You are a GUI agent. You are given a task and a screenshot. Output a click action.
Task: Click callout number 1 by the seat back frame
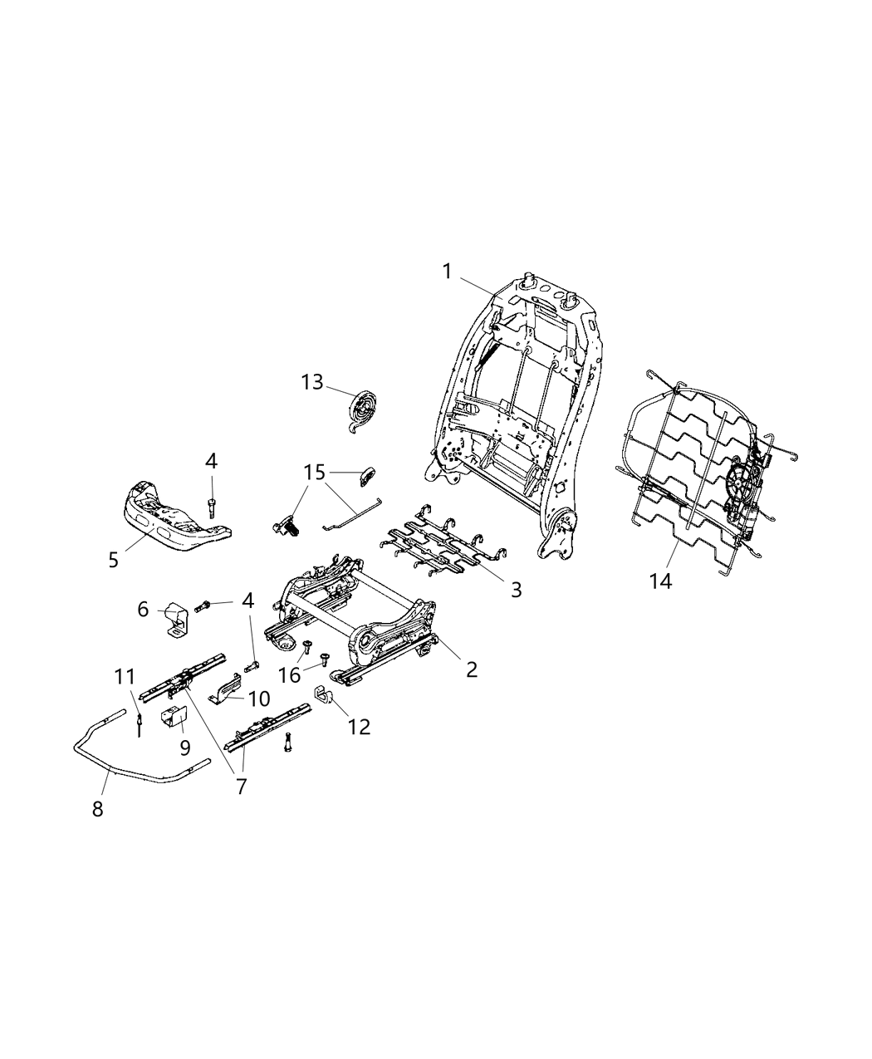(x=447, y=272)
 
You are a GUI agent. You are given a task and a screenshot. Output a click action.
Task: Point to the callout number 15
(x=315, y=473)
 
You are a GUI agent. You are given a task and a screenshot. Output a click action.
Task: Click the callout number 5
(x=114, y=559)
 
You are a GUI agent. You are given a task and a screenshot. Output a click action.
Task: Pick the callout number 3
(x=516, y=590)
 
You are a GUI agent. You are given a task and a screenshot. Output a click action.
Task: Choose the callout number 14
(x=660, y=581)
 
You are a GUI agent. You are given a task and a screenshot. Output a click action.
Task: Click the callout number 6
(x=143, y=610)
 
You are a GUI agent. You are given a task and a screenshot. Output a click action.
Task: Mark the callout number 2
(x=472, y=669)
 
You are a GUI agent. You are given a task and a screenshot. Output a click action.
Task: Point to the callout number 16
(x=288, y=674)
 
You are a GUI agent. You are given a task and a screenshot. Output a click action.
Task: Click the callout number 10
(x=259, y=699)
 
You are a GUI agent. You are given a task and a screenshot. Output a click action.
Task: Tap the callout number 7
(x=242, y=786)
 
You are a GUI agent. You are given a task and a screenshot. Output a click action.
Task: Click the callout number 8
(x=97, y=809)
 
